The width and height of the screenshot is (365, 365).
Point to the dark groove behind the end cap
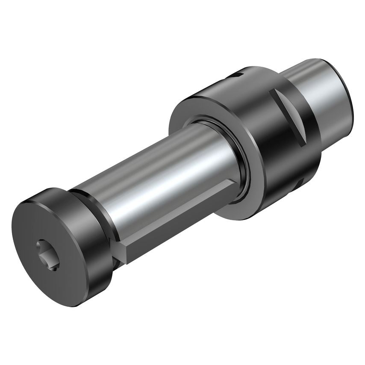point(103,214)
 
